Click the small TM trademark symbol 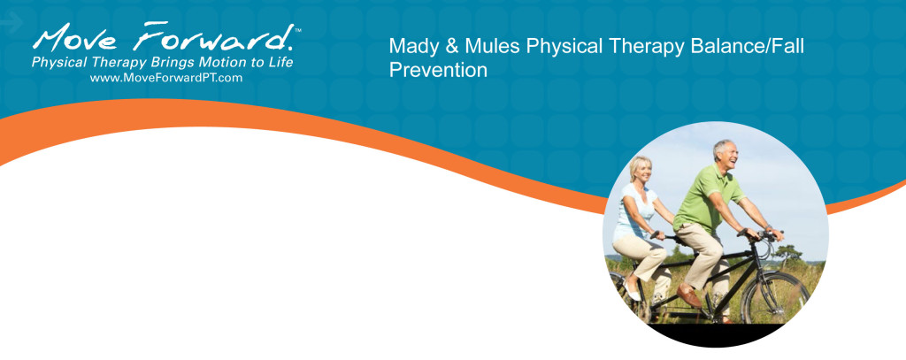tap(298, 30)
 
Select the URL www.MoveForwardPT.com tap(165, 78)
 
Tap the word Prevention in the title tap(438, 70)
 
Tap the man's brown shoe tap(688, 296)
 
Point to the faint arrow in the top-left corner tap(11, 24)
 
